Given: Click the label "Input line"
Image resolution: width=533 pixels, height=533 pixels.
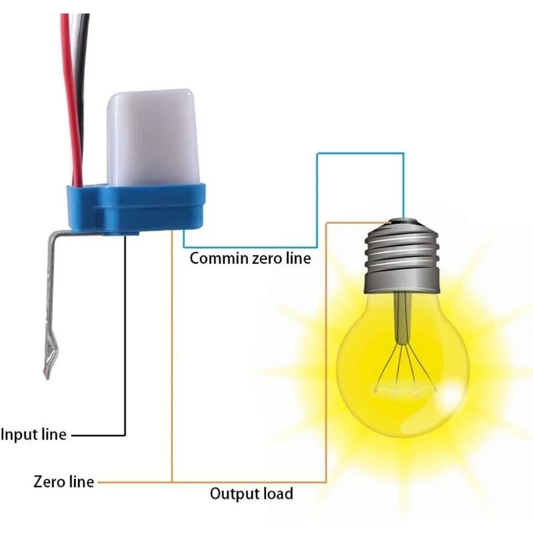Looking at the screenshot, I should click(33, 434).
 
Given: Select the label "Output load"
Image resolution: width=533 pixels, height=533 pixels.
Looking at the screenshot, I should click(251, 494).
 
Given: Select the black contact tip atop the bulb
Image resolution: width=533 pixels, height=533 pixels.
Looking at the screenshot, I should click(403, 219).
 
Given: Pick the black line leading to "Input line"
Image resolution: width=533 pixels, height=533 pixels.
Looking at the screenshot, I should click(125, 346).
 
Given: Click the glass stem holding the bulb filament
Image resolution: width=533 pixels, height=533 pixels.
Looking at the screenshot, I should click(402, 320).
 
